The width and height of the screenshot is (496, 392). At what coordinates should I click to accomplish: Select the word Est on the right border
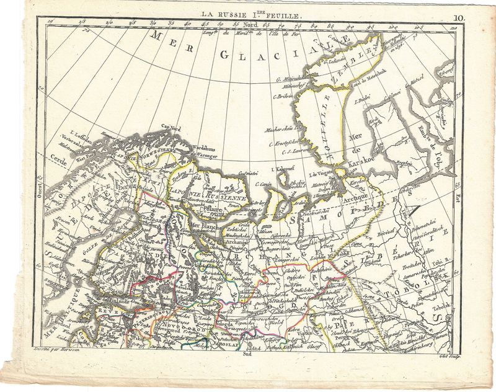click(x=458, y=199)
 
